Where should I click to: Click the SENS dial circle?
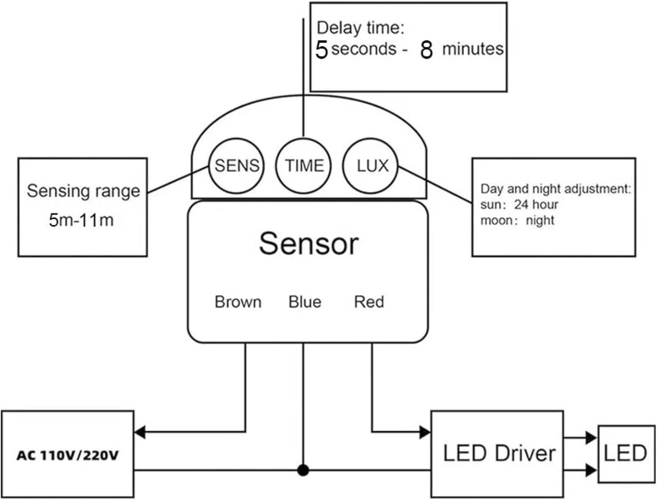237,166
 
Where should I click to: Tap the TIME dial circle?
304,166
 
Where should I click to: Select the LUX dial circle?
371,166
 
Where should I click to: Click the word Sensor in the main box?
309,243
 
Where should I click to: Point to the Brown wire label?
238,302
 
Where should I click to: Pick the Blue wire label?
305,302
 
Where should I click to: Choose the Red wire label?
369,302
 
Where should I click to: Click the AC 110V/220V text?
67,455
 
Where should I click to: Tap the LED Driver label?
499,453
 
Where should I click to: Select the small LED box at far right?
625,454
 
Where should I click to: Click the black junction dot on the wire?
303,471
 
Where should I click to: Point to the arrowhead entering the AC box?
140,432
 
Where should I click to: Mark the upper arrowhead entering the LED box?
592,437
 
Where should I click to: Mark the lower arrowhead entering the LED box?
592,470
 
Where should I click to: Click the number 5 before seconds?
321,49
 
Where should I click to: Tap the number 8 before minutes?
426,50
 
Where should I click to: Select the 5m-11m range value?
81,220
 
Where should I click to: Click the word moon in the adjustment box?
496,220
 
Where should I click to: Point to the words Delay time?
360,28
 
